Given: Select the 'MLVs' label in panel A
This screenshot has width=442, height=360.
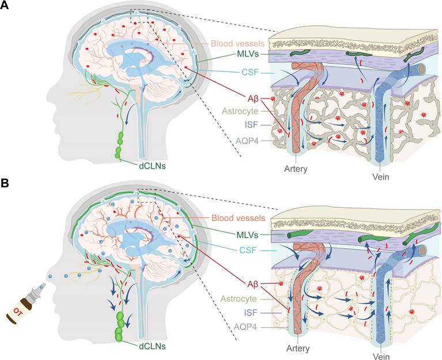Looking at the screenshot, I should click(x=245, y=55).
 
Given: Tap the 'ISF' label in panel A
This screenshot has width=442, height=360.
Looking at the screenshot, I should click(x=248, y=124).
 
